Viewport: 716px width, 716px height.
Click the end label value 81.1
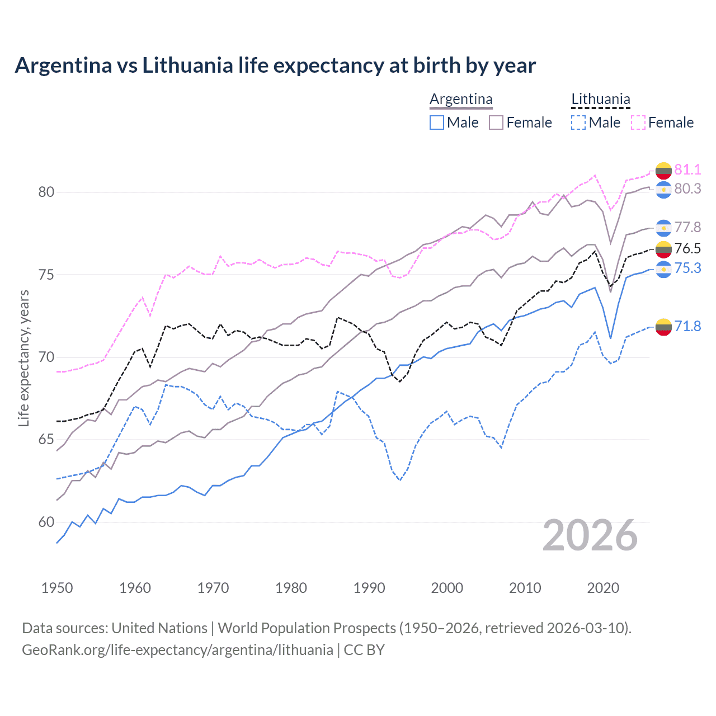click(x=687, y=169)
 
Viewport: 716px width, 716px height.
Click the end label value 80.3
click(x=687, y=189)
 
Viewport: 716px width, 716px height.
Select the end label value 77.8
click(x=687, y=227)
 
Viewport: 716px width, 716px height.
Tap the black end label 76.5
click(x=687, y=248)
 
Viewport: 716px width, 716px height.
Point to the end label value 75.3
click(x=687, y=268)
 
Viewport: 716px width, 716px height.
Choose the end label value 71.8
click(x=687, y=326)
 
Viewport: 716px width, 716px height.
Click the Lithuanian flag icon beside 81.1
click(x=663, y=170)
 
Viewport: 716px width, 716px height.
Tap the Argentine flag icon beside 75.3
click(x=663, y=269)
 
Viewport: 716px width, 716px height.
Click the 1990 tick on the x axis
click(x=369, y=588)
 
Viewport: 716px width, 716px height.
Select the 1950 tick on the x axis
click(x=57, y=588)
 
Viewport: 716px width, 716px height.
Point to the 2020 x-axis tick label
click(x=603, y=588)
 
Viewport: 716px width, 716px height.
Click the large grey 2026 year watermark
click(x=590, y=536)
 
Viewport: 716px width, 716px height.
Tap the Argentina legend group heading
click(x=461, y=100)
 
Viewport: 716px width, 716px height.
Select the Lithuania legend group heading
click(x=600, y=100)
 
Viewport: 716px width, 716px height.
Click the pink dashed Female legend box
click(x=638, y=123)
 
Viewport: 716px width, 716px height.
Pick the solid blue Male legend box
click(x=437, y=123)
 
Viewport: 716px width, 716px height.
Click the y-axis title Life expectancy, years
click(x=23, y=358)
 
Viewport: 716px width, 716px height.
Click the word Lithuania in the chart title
click(x=187, y=65)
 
